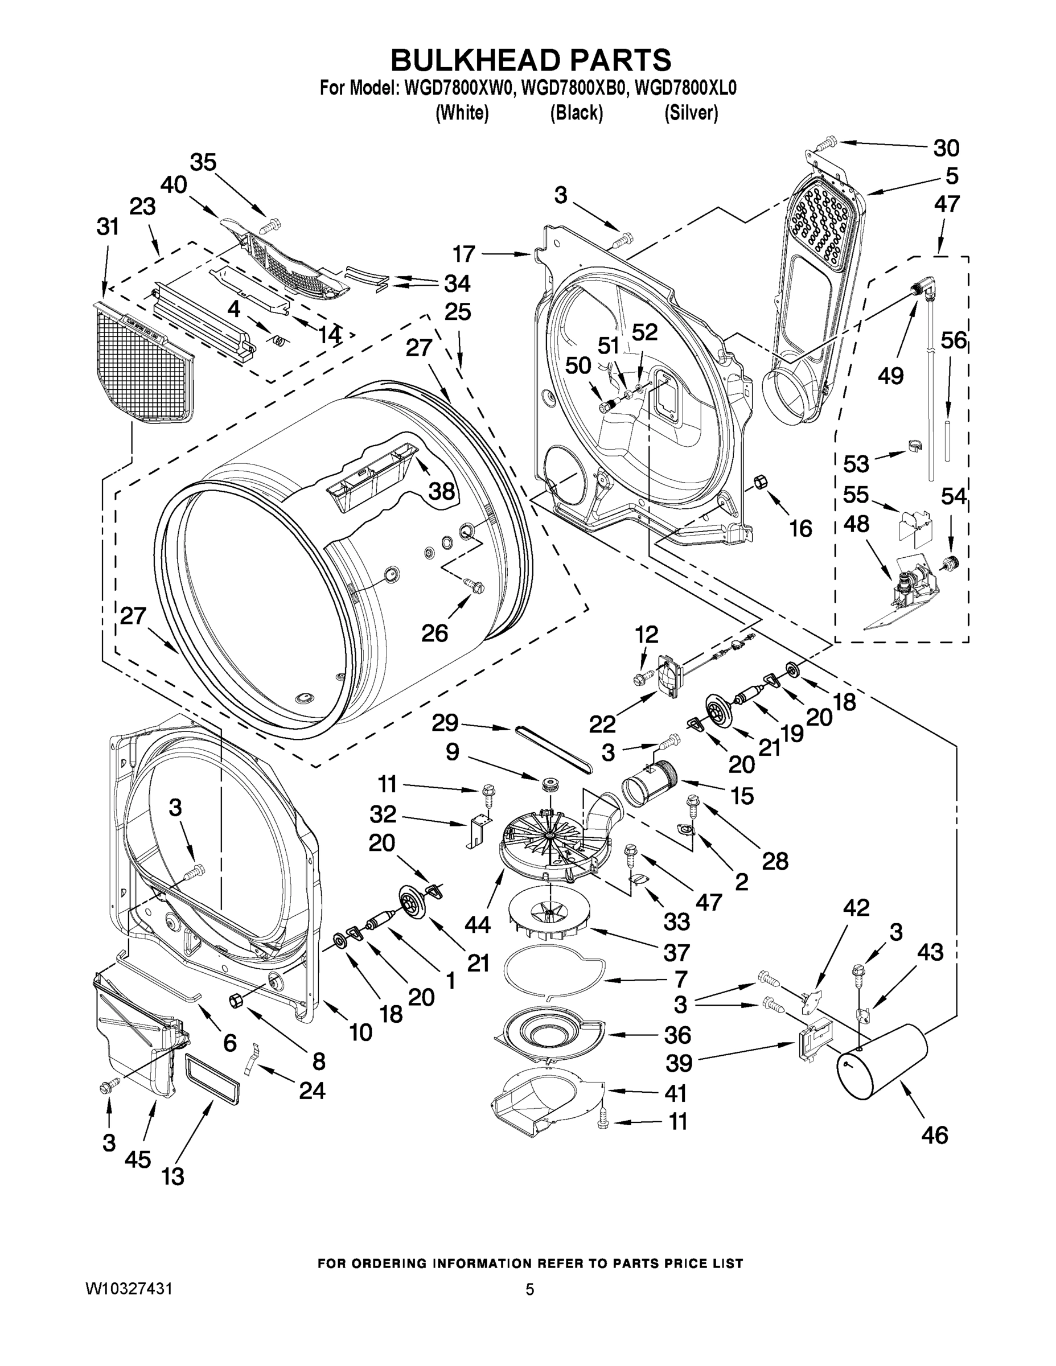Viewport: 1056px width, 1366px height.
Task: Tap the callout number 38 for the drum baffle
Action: click(x=442, y=491)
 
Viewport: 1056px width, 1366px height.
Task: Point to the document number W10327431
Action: click(x=129, y=1289)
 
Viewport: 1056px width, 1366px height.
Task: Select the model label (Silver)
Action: click(x=691, y=113)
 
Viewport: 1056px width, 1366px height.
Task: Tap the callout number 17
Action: click(x=464, y=254)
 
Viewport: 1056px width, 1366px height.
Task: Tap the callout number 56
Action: click(x=954, y=340)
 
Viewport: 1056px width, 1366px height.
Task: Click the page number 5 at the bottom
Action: click(x=529, y=1289)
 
